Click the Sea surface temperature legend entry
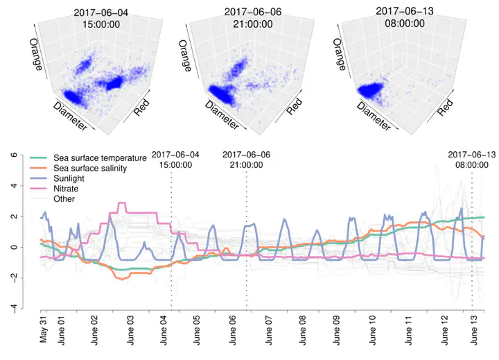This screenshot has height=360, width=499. tap(104, 158)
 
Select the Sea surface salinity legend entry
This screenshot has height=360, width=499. tap(98, 169)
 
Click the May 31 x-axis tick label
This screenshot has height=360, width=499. tap(43, 331)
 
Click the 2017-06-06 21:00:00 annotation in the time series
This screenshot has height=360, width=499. tap(246, 160)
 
